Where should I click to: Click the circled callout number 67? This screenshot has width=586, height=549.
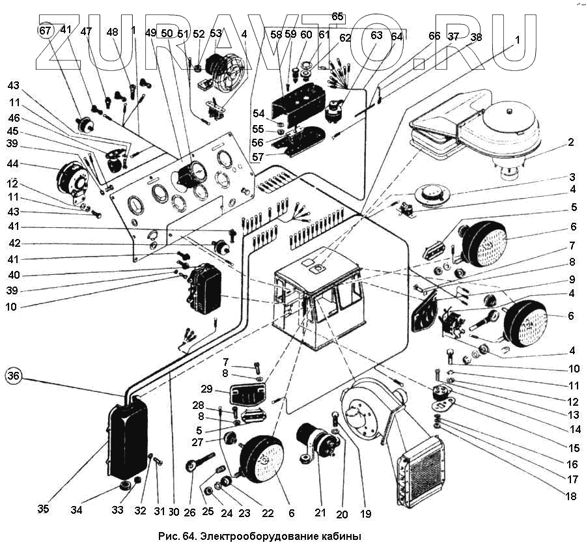(45, 31)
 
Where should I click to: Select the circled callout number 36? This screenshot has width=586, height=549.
(14, 375)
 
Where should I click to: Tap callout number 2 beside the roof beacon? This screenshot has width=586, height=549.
(570, 142)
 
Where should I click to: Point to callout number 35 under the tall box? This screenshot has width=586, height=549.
(42, 509)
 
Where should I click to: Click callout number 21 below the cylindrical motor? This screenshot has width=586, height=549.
(320, 513)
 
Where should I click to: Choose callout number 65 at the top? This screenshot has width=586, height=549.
(337, 16)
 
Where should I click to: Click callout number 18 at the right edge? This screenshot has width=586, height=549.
(572, 496)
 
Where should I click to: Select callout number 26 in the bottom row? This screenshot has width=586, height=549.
(189, 513)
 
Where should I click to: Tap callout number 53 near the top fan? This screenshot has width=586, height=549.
(216, 33)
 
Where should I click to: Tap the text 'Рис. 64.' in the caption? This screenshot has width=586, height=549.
(177, 537)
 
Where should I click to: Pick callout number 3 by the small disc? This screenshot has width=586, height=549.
(571, 177)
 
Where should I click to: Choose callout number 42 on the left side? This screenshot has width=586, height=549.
(13, 244)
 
